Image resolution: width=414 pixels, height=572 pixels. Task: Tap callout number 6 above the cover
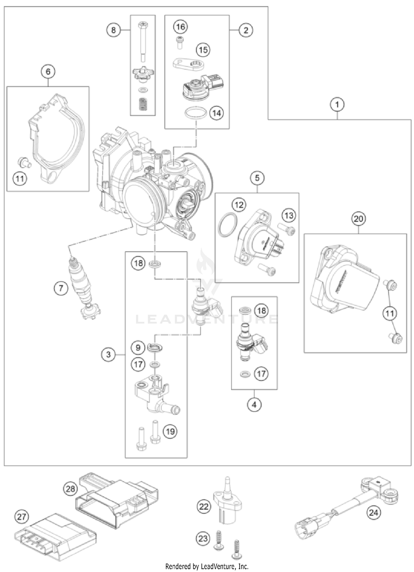(48, 72)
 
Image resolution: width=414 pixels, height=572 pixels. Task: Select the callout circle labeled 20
(358, 219)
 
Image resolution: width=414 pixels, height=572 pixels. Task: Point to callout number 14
(217, 113)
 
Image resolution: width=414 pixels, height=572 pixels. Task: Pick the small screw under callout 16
(180, 42)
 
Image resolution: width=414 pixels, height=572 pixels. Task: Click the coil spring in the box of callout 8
(143, 105)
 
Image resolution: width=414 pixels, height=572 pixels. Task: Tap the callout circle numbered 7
(61, 288)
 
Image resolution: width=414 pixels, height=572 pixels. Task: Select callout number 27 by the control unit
(22, 517)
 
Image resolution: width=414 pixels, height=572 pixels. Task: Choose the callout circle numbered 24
(373, 512)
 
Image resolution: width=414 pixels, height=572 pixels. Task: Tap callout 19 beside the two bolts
(170, 431)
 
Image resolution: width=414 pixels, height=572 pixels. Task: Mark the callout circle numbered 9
(138, 348)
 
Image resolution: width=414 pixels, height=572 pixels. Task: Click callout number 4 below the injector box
(254, 405)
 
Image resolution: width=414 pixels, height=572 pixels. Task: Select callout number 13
(289, 215)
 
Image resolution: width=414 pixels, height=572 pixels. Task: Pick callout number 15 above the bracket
(203, 50)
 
